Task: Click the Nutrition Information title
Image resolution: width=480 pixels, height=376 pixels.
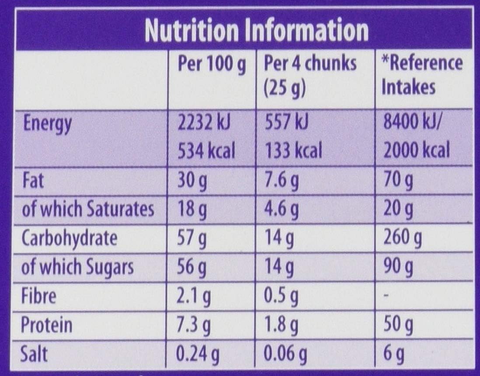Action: click(x=257, y=31)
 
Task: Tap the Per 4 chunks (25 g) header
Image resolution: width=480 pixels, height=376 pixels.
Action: click(x=310, y=75)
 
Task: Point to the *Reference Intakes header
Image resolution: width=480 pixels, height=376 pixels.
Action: click(x=421, y=75)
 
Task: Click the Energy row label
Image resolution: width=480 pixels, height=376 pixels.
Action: click(x=47, y=125)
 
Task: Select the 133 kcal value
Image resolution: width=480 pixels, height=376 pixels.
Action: click(x=293, y=151)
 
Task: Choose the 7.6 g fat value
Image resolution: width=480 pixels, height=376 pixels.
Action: click(x=282, y=181)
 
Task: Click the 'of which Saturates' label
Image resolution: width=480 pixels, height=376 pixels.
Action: click(x=88, y=209)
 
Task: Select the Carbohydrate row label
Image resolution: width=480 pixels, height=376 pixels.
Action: click(x=70, y=239)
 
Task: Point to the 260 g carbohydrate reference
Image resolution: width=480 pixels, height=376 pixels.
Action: click(x=402, y=239)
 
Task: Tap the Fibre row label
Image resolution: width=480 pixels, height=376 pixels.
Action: click(x=39, y=296)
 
